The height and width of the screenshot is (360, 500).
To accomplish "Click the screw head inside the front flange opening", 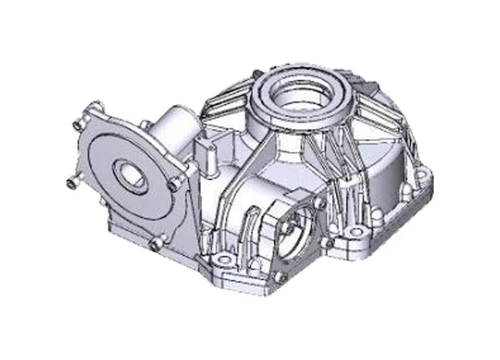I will point(288,228).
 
